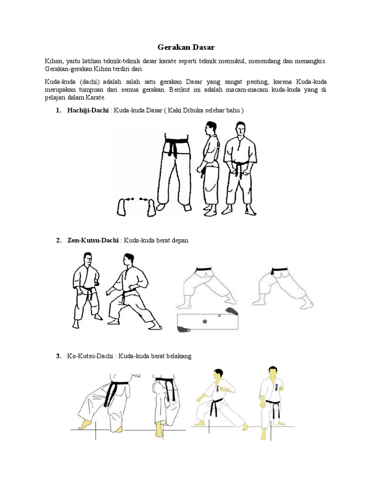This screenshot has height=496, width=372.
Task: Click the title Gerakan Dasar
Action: (x=186, y=47)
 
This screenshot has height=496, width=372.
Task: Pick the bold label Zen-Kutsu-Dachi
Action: (x=93, y=240)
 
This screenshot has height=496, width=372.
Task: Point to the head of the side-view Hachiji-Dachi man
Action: (x=209, y=129)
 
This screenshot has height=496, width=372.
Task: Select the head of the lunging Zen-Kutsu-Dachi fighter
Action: (x=128, y=260)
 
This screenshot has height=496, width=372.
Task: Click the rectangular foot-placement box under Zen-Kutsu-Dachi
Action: (x=208, y=322)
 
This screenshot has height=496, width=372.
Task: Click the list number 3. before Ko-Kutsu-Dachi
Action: (x=59, y=356)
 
